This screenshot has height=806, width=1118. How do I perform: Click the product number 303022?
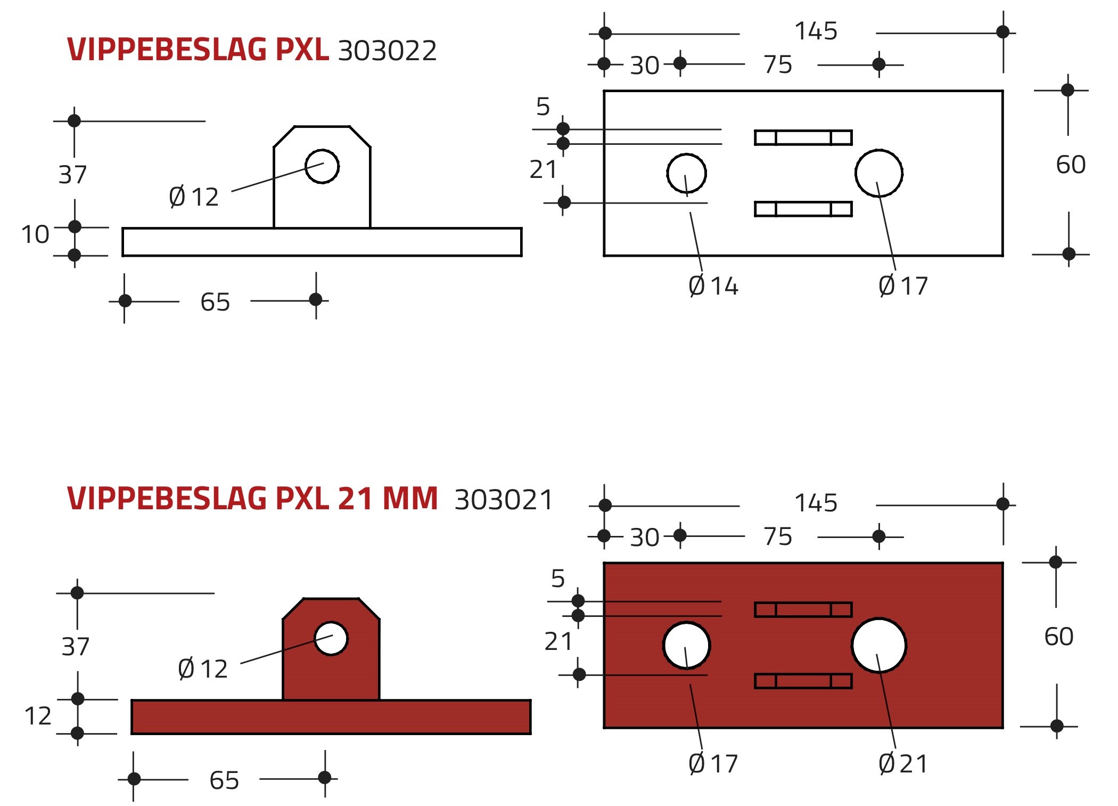[x=387, y=51]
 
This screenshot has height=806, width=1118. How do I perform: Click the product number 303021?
[x=504, y=500]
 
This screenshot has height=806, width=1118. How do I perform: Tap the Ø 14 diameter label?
[x=713, y=286]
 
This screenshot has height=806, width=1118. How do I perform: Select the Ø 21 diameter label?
[x=903, y=763]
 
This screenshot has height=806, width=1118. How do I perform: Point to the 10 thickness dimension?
[x=35, y=234]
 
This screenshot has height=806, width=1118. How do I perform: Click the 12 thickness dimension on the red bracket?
[x=38, y=716]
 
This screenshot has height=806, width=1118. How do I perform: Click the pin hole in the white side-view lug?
[x=322, y=166]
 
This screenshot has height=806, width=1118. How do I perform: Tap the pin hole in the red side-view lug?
[x=331, y=638]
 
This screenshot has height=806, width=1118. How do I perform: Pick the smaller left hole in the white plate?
[x=687, y=173]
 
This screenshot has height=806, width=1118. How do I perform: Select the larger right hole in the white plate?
[x=879, y=173]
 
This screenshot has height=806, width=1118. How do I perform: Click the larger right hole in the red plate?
[x=879, y=645]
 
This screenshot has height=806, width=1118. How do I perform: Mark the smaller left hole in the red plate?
[x=687, y=645]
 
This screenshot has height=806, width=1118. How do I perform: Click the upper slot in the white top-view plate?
[x=803, y=137]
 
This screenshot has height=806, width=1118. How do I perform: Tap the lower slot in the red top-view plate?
[x=803, y=681]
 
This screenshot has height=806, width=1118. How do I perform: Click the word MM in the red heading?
[x=410, y=499]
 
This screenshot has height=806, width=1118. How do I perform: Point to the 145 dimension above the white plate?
[x=816, y=31]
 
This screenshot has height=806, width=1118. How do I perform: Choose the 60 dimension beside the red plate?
[x=1059, y=637]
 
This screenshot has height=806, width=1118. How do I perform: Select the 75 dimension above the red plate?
[x=778, y=536]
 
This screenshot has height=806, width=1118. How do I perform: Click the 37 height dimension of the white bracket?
[x=72, y=175]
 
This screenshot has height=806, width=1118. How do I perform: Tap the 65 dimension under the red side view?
[x=224, y=780]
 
